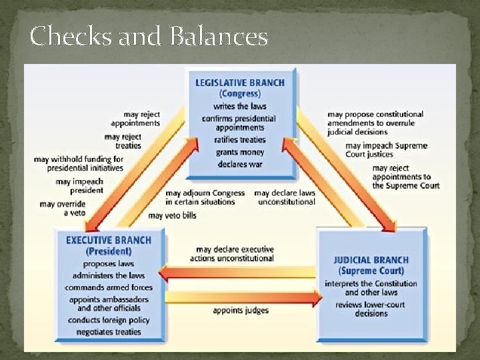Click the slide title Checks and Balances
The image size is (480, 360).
[x=149, y=36]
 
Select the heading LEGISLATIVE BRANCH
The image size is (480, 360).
[x=239, y=83]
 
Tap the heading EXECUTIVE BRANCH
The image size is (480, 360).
[x=109, y=240]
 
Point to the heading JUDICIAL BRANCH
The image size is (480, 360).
[x=372, y=260]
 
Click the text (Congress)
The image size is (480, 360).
[x=239, y=94]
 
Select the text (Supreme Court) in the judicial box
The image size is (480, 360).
[x=371, y=271]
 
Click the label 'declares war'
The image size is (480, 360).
[x=239, y=164]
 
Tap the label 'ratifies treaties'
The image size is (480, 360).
[x=239, y=140]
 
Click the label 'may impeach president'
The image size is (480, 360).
[x=79, y=185]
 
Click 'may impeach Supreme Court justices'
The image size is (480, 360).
[x=386, y=150]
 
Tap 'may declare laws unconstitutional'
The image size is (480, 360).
[x=285, y=197]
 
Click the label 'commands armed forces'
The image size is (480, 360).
[x=109, y=287]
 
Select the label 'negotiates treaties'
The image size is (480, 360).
[x=109, y=332]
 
